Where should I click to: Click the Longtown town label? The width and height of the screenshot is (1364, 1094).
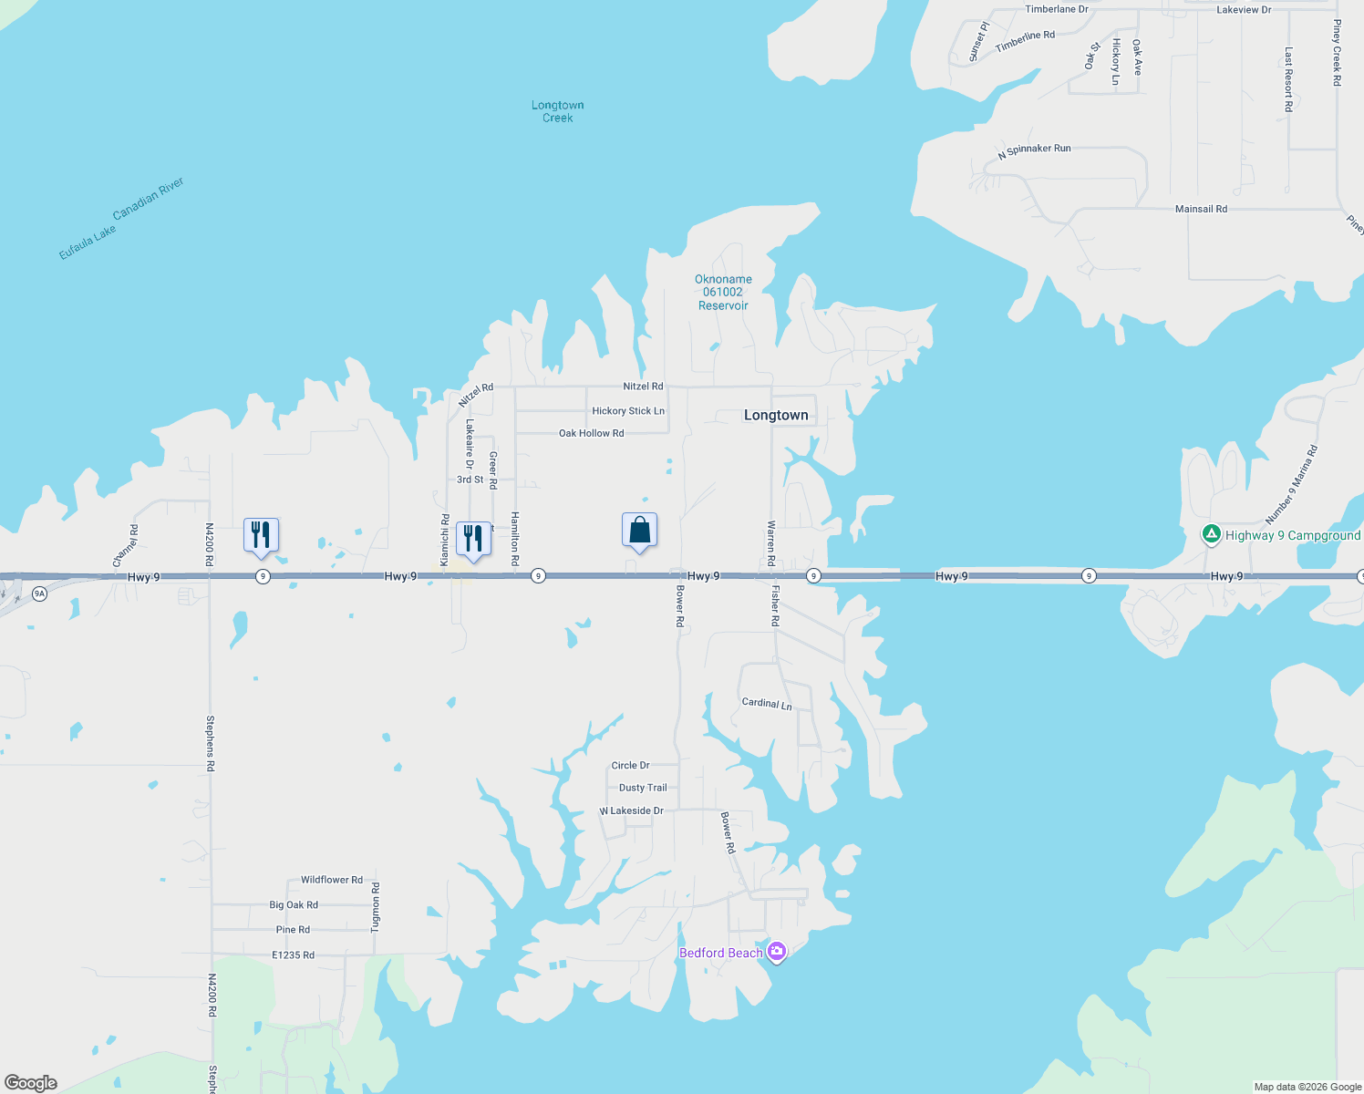tap(776, 416)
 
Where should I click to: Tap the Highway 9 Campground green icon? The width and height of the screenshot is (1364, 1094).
tap(1211, 535)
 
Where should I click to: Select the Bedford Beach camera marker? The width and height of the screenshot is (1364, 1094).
tap(777, 953)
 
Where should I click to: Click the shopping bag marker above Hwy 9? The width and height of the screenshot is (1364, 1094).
tap(639, 531)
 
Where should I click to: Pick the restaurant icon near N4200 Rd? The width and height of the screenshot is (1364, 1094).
tap(261, 535)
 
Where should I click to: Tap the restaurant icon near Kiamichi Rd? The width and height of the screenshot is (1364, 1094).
tap(472, 539)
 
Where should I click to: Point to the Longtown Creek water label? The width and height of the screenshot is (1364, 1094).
tap(557, 111)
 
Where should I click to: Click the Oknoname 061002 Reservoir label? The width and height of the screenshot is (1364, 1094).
tap(723, 293)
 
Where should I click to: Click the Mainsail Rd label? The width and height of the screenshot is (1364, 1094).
tap(1201, 210)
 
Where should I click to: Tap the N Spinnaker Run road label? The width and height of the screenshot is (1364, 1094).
tap(1034, 151)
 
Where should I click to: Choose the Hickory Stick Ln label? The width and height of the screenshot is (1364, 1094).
tap(628, 411)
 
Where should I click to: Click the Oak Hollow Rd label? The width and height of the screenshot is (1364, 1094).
tap(591, 434)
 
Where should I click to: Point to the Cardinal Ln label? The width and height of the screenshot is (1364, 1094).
tap(767, 704)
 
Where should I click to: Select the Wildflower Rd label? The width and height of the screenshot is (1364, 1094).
tap(332, 881)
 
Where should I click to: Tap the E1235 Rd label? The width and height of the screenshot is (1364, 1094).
tap(293, 955)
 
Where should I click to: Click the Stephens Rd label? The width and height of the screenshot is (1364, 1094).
tap(211, 743)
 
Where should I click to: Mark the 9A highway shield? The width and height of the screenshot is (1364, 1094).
tap(39, 593)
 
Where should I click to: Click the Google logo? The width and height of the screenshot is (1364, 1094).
tap(31, 1083)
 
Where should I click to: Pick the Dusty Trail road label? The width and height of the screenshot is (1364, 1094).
tap(643, 788)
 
